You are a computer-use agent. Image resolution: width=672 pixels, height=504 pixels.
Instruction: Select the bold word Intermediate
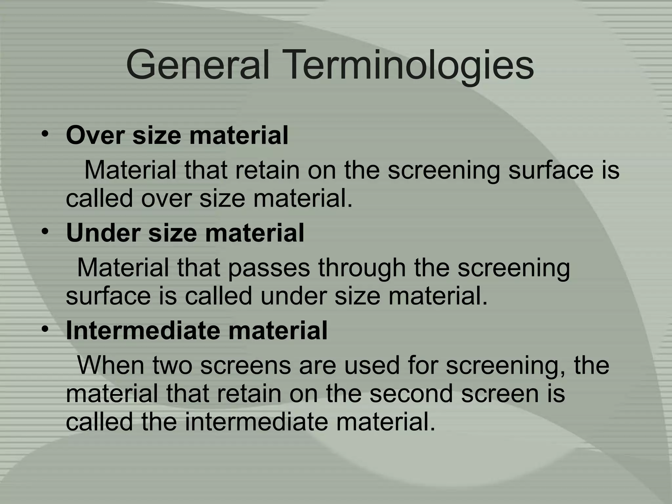[x=143, y=330]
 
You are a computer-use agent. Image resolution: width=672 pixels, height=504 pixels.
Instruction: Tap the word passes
[x=269, y=268]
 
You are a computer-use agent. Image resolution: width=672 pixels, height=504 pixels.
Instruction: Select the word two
[x=172, y=365]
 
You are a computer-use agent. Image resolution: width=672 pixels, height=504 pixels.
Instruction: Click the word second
[x=411, y=394]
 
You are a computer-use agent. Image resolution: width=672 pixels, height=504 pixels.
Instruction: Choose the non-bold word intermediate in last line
[x=256, y=422]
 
